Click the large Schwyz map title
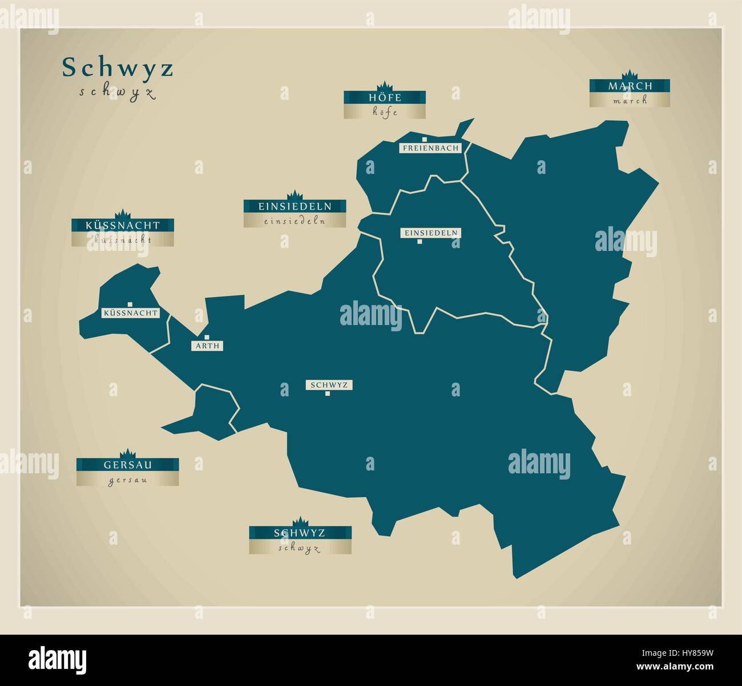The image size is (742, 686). click(x=118, y=68)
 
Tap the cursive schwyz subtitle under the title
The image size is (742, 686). click(x=118, y=93)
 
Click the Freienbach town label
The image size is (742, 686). click(x=430, y=148)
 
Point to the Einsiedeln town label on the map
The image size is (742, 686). click(x=430, y=233)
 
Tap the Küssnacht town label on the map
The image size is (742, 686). click(x=130, y=313)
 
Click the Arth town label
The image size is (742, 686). click(x=207, y=346)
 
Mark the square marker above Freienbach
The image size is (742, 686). click(x=425, y=139)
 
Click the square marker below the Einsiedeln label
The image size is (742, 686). click(x=420, y=242)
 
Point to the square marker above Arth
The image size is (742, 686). click(x=207, y=337)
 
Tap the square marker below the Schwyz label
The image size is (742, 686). click(x=328, y=393)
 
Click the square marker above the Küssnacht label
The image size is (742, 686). click(x=130, y=304)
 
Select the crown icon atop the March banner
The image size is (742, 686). click(x=629, y=75)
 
